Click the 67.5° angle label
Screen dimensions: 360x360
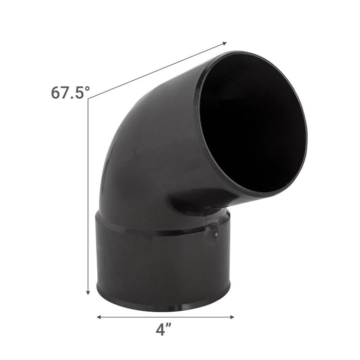pos(70,93)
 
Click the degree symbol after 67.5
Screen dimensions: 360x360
pos(87,88)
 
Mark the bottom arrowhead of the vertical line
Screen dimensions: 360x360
pos(88,292)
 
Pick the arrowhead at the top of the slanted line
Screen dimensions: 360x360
pos(224,42)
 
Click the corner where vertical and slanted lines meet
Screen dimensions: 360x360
pos(88,99)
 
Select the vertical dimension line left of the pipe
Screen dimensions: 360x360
pos(88,195)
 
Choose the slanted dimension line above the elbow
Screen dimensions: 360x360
pos(154,71)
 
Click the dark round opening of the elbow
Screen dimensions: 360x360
pos(252,123)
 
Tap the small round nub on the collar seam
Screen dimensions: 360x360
pos(217,234)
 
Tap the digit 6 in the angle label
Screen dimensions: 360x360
pos(57,93)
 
